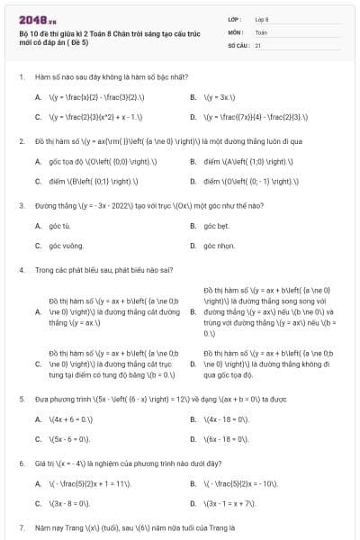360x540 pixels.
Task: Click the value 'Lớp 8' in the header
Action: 262,18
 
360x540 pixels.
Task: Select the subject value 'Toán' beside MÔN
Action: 261,31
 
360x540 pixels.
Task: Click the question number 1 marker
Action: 21,77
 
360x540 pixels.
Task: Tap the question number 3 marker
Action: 21,205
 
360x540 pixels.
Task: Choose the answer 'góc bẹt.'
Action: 216,225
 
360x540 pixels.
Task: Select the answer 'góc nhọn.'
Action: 219,245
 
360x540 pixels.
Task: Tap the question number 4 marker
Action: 21,270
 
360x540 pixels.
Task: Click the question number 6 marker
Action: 21,463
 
